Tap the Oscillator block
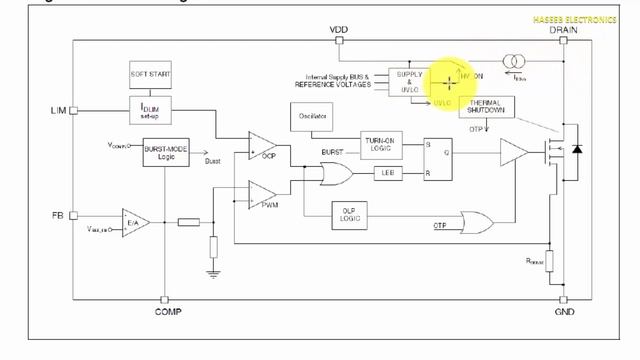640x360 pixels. click(x=307, y=118)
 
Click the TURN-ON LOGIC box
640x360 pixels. click(x=381, y=146)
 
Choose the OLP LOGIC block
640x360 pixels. click(x=350, y=215)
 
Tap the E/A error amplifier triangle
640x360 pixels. click(x=134, y=222)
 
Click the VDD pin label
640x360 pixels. click(x=338, y=30)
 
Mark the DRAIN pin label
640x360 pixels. click(x=564, y=30)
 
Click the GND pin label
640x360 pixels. click(x=564, y=313)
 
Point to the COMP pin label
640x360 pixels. click(x=167, y=313)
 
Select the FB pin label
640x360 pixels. click(x=57, y=215)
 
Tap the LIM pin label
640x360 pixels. click(x=57, y=109)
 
